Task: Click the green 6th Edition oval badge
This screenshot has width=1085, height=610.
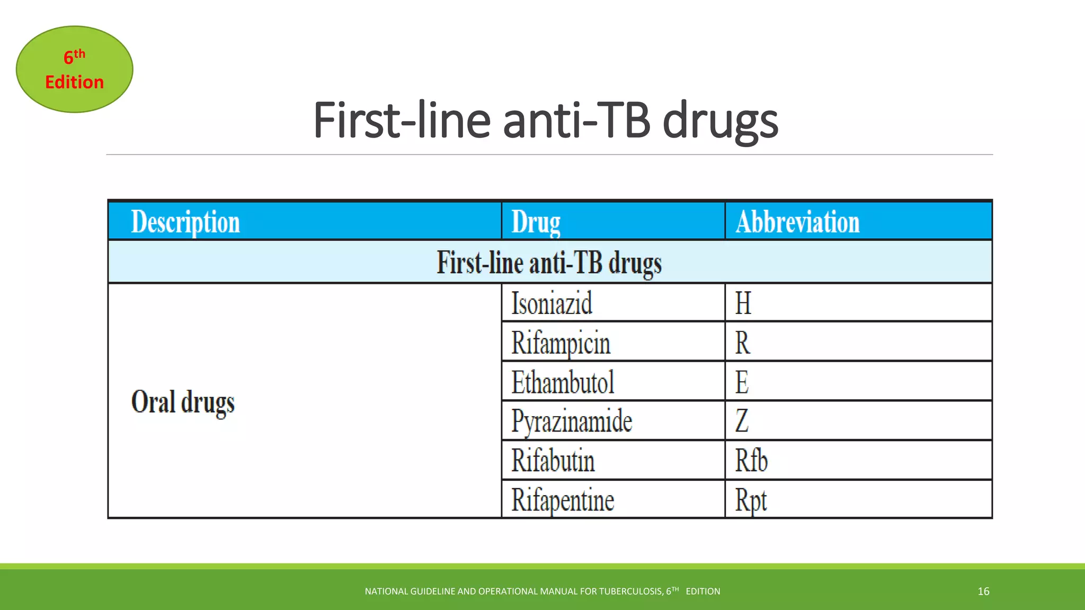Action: coord(75,69)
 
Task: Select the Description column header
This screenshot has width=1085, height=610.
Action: coord(185,222)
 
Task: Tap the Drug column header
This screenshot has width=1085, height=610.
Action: coord(536,222)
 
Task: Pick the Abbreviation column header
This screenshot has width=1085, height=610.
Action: coord(797,222)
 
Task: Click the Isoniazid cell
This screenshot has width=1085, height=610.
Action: coord(552,303)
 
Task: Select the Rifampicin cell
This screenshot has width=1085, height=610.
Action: coord(561,343)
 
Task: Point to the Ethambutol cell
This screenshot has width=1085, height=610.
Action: coord(563,382)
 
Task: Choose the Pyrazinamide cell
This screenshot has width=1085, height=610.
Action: coord(572,421)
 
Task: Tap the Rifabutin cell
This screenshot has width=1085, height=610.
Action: coord(553,461)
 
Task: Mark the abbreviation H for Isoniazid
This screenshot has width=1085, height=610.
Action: coord(743,303)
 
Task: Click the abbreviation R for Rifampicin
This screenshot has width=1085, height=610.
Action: coord(742,343)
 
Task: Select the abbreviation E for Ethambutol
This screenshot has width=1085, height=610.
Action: coord(742,382)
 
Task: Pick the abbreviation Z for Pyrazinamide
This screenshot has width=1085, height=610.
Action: coord(742,421)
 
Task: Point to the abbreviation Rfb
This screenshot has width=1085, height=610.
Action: coord(751,461)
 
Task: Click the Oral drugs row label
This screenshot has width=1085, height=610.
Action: coord(183,402)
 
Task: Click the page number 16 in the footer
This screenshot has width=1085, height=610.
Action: coord(983,591)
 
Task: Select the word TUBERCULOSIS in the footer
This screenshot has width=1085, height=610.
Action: coord(630,591)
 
